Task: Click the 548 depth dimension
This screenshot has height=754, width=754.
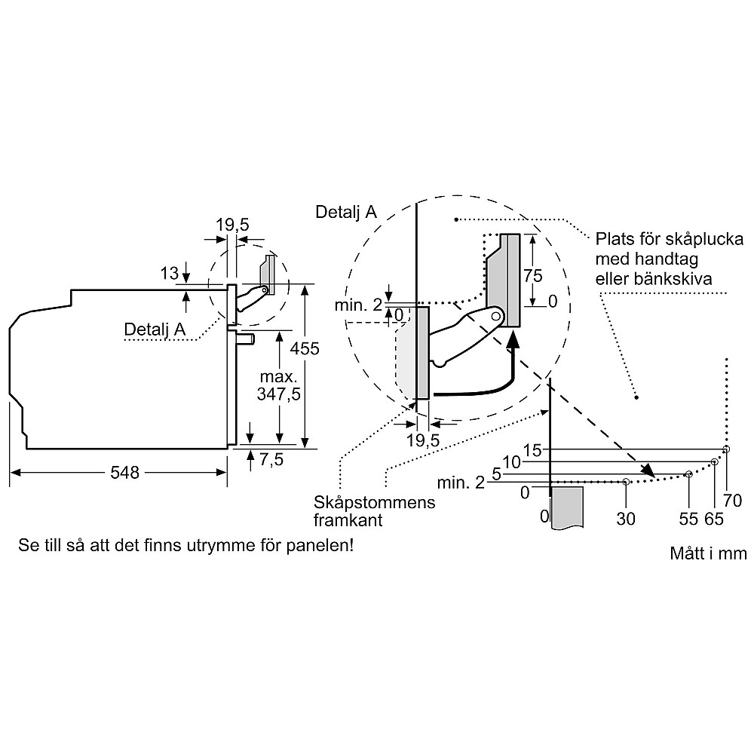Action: [x=124, y=473]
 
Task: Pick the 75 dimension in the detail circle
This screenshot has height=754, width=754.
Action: [x=533, y=276]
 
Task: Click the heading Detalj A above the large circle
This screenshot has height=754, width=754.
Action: [x=346, y=213]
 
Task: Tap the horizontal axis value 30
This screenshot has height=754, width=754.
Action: [x=626, y=518]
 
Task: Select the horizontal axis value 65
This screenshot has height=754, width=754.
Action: [x=713, y=518]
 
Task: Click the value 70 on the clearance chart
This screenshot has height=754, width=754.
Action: [x=732, y=499]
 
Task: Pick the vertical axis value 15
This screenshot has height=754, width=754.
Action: [x=532, y=450]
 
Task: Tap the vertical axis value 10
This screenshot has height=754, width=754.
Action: [x=512, y=462]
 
